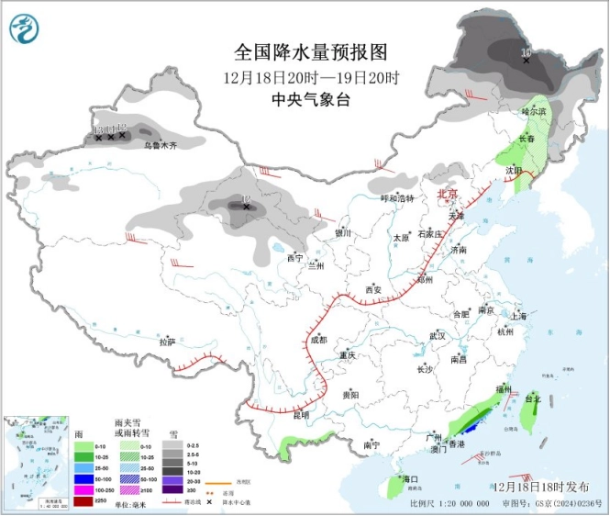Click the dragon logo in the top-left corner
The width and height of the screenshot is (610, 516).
tap(26, 29)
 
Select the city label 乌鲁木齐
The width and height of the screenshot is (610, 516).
tap(160, 145)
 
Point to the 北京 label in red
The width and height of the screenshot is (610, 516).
tap(448, 194)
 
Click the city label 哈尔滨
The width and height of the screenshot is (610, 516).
tap(533, 111)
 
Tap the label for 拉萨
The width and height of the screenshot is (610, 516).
tap(166, 342)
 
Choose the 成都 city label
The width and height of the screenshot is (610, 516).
tap(317, 340)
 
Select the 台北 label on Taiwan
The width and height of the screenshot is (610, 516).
tap(533, 400)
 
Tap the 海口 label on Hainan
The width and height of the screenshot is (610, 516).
tap(409, 479)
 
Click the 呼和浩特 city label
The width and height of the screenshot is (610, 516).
tap(397, 198)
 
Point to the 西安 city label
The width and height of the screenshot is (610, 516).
tap(373, 289)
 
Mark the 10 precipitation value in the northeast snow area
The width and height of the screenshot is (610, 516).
tap(526, 53)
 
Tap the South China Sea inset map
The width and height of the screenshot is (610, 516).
tap(34, 459)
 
